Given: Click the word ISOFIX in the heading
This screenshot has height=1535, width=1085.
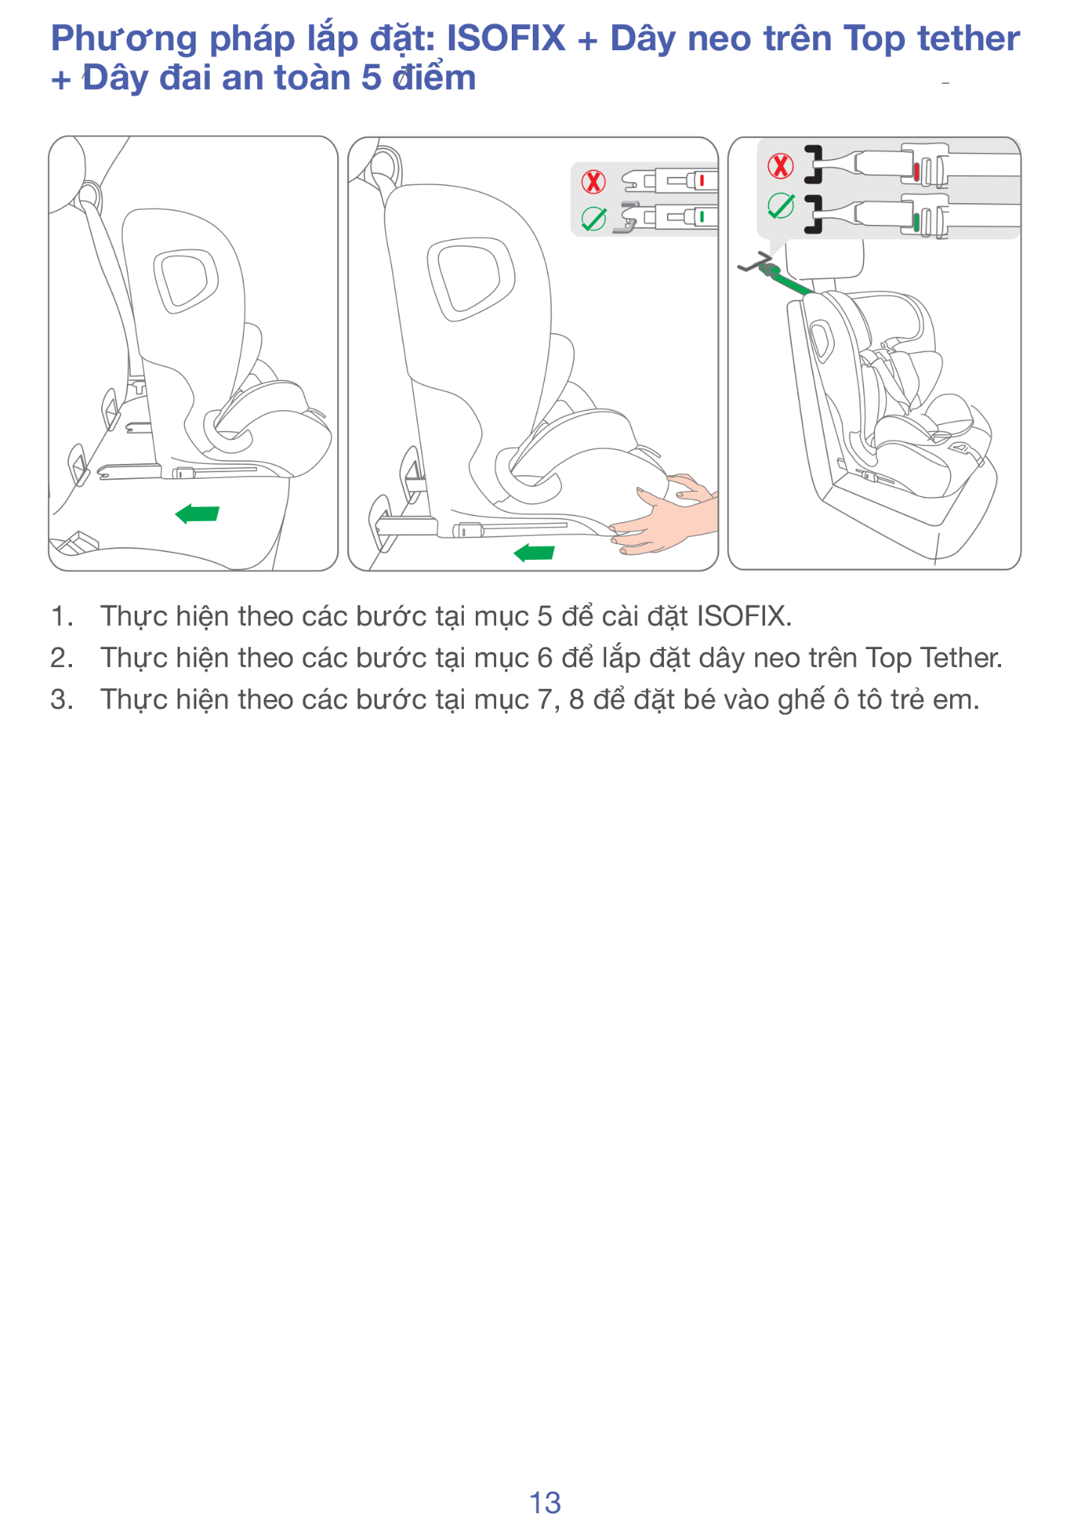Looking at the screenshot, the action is tap(506, 38).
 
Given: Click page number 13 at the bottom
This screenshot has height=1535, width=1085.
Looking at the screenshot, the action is tap(545, 1503).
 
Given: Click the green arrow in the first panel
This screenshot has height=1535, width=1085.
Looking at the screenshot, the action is tap(197, 514).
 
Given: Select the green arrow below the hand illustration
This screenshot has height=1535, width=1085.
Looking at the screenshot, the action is tap(534, 553).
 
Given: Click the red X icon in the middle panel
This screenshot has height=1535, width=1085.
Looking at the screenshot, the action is tap(593, 181).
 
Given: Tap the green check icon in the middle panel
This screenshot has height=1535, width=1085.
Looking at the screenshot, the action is tap(593, 219).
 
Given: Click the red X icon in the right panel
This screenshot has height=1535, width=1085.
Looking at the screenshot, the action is tap(780, 166).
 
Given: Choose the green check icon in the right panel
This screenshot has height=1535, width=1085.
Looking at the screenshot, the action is tap(781, 205).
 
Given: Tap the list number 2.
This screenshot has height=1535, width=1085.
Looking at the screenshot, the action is tap(61, 658).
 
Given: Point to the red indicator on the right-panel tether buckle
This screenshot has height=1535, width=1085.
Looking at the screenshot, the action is tap(916, 172).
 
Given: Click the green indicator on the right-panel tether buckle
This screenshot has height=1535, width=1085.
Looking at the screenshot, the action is tap(916, 222).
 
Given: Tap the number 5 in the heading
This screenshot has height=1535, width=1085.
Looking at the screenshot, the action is tap(371, 78).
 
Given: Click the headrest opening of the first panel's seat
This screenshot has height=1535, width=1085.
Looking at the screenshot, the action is tap(184, 281).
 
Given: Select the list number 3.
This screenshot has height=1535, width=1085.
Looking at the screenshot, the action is tap(61, 700).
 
